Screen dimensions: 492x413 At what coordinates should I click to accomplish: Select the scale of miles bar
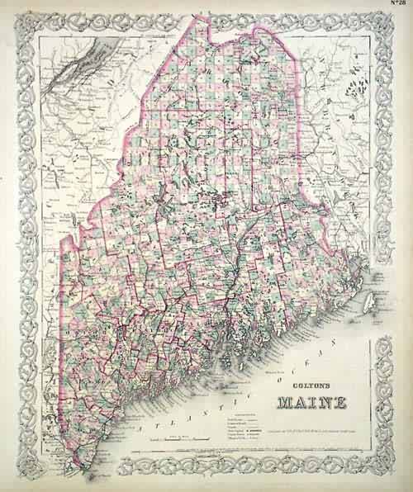(x=178, y=442)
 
